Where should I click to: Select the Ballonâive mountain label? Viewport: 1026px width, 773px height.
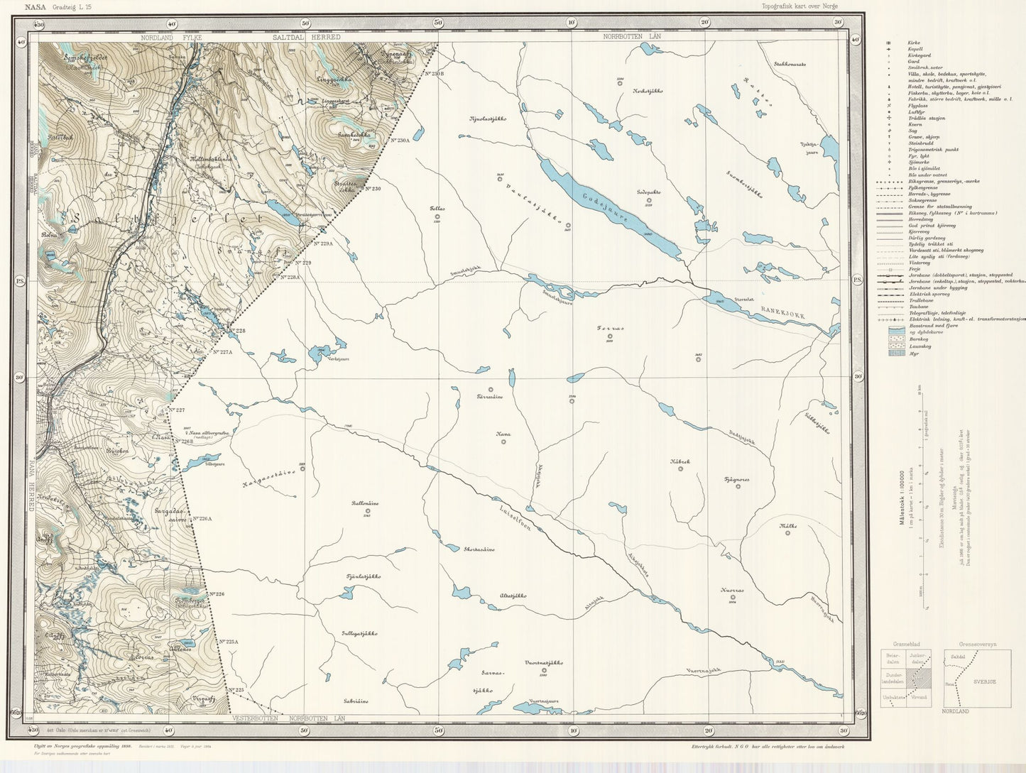click(365, 503)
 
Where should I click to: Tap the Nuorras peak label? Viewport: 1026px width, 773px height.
click(732, 589)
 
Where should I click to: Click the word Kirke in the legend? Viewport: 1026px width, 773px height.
click(914, 43)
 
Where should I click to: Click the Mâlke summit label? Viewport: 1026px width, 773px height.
click(788, 526)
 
